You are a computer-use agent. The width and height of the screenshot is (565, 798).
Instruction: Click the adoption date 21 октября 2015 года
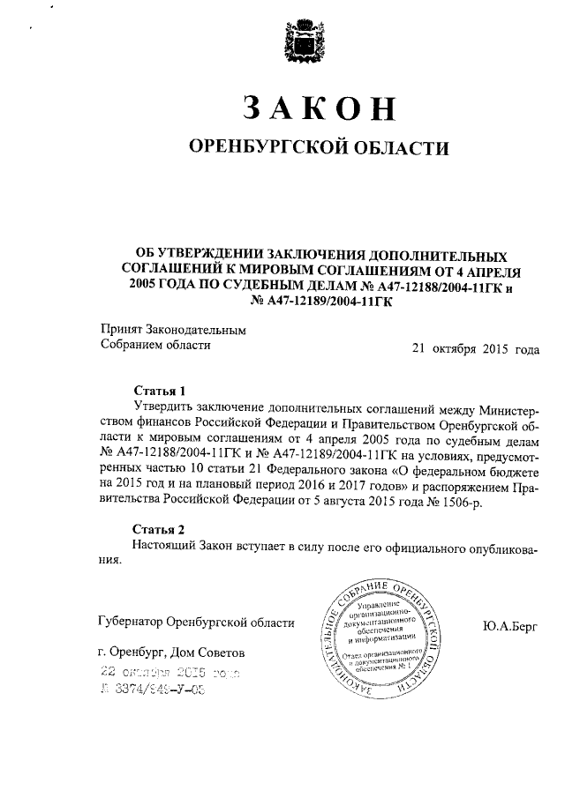pyautogui.click(x=475, y=347)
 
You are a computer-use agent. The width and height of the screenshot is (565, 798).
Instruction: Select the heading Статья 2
pyautogui.click(x=160, y=530)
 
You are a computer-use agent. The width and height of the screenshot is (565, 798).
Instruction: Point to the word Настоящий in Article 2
pyautogui.click(x=165, y=547)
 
